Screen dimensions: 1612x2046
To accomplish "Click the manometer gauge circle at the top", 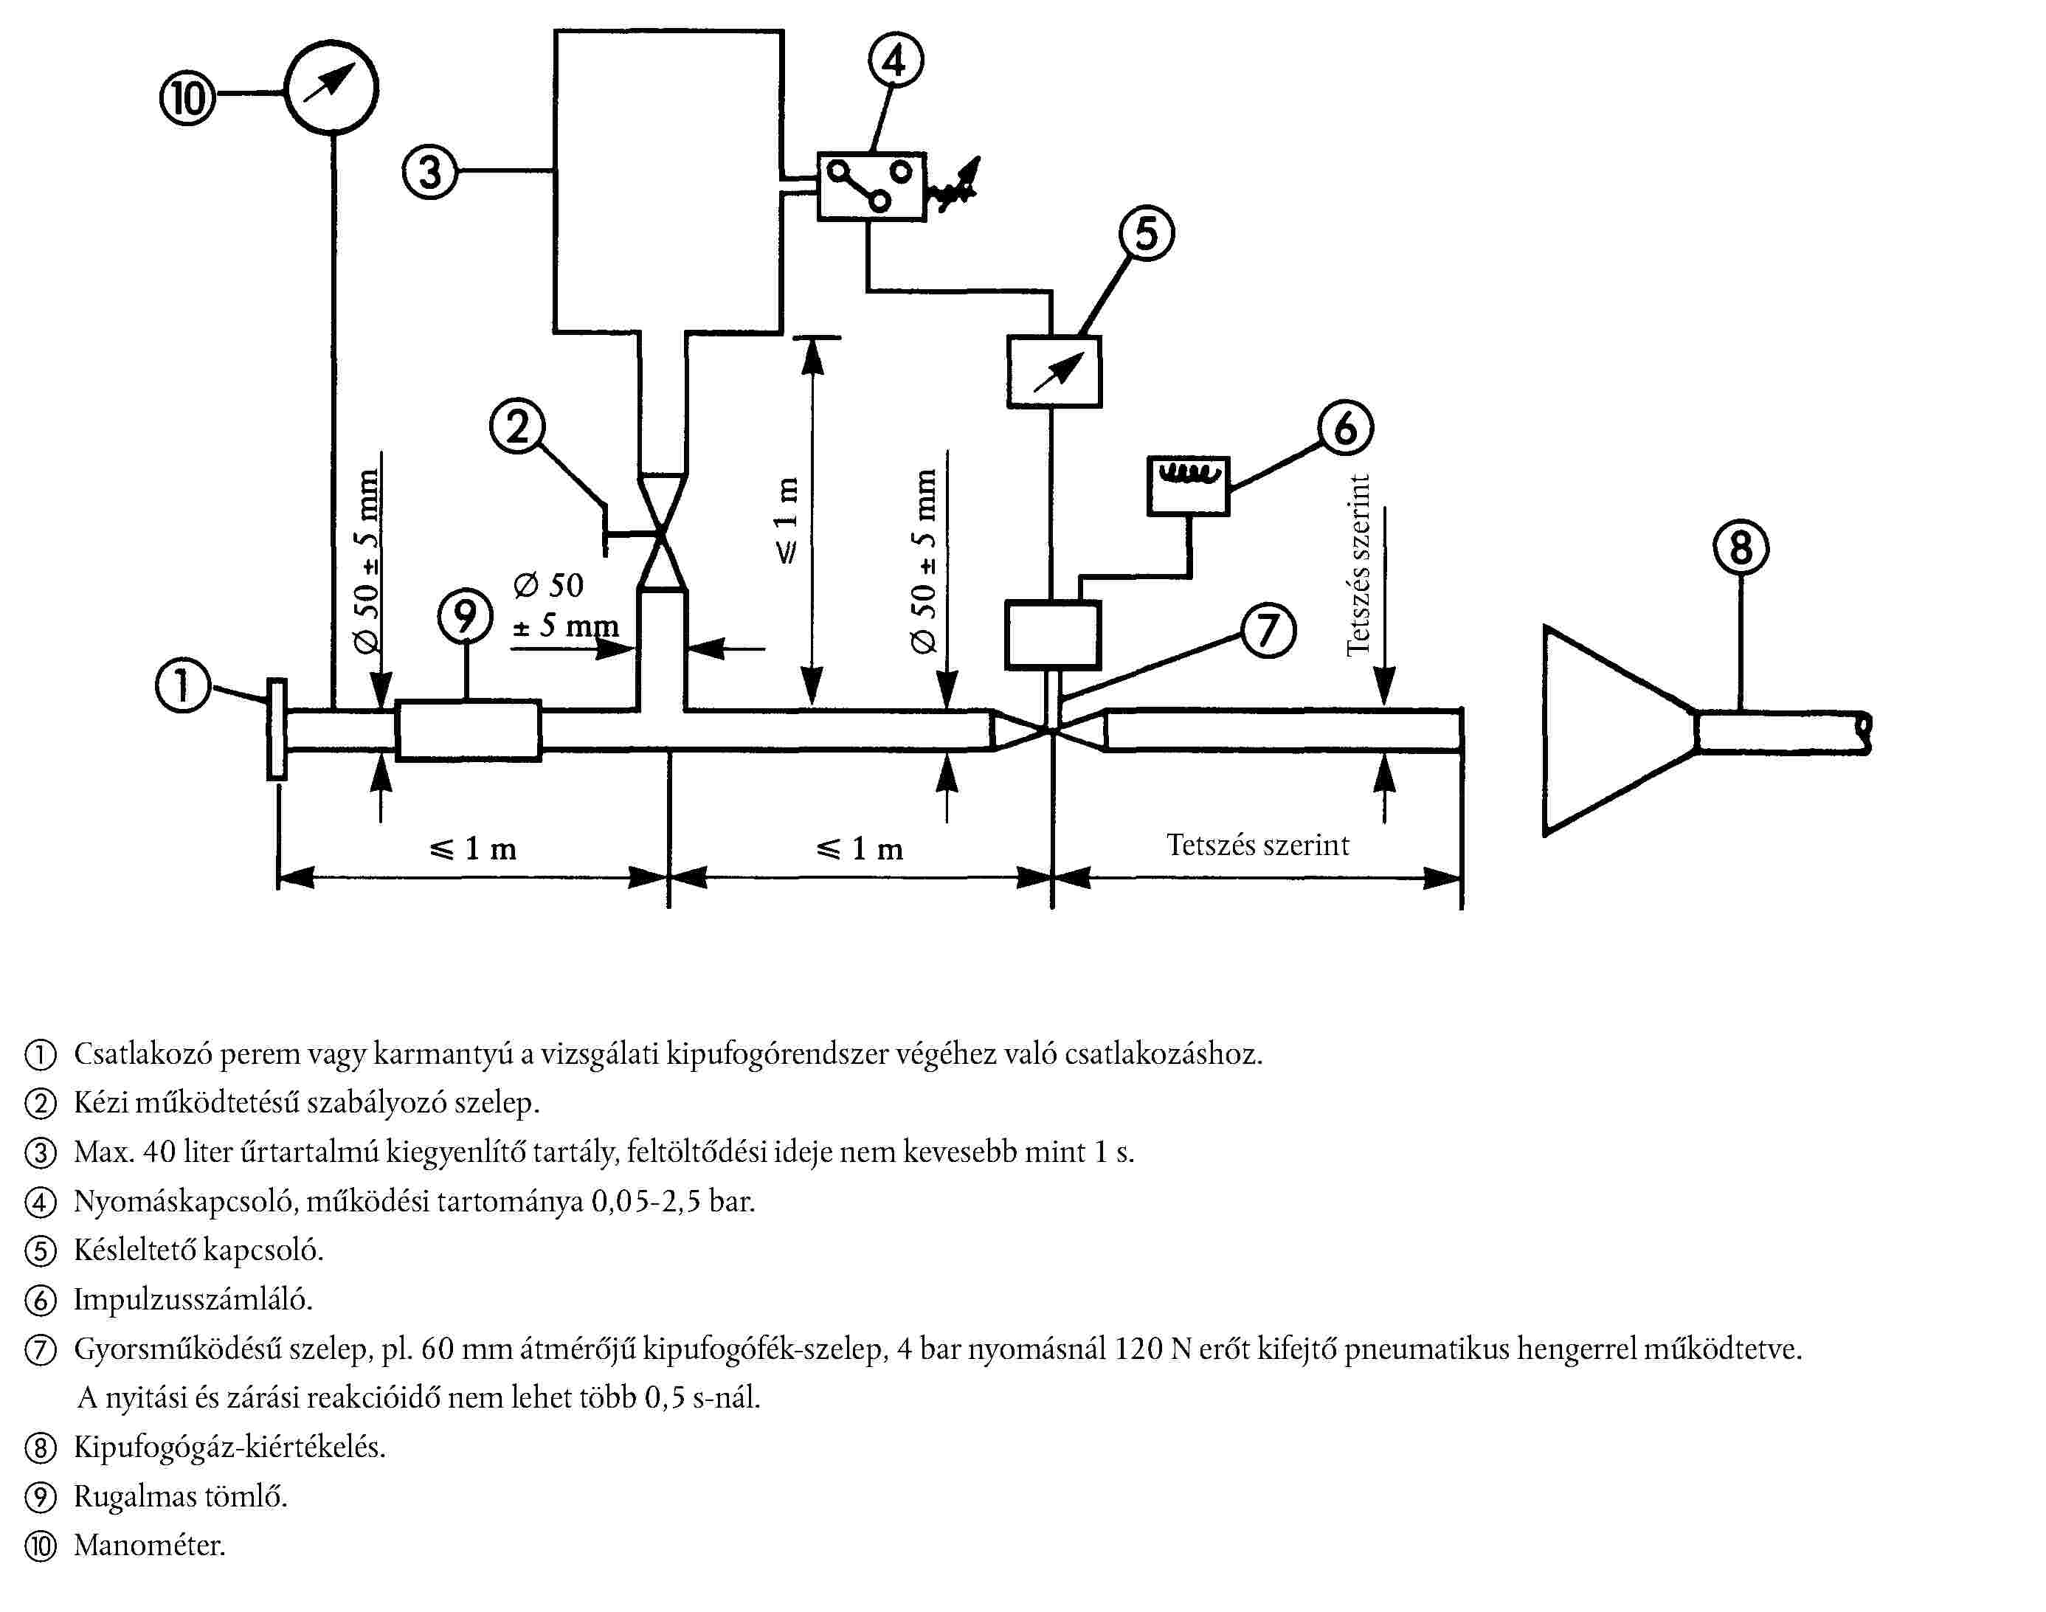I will point(331,87).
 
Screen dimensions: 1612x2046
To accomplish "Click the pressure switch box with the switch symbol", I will point(871,187).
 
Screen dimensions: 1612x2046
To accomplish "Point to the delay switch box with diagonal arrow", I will point(1054,372).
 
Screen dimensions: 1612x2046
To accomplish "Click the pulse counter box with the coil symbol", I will point(1188,486).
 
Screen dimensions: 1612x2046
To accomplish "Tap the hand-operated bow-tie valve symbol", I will point(663,533).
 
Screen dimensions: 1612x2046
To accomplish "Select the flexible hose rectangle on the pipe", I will point(468,730).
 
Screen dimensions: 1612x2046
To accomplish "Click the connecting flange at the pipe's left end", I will point(277,729).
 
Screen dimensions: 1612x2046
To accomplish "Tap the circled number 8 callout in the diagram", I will point(1741,547).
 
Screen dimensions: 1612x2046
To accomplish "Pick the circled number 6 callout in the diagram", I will point(1345,428).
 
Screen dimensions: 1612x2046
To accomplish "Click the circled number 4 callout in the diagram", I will point(895,60).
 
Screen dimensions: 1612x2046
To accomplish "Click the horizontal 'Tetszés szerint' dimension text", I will point(1257,845).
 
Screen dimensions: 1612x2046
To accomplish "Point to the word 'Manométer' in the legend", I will point(150,1545).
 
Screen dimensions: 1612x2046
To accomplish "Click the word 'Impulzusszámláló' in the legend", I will point(193,1300).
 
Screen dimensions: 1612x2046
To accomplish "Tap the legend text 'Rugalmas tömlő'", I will point(180,1496).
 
